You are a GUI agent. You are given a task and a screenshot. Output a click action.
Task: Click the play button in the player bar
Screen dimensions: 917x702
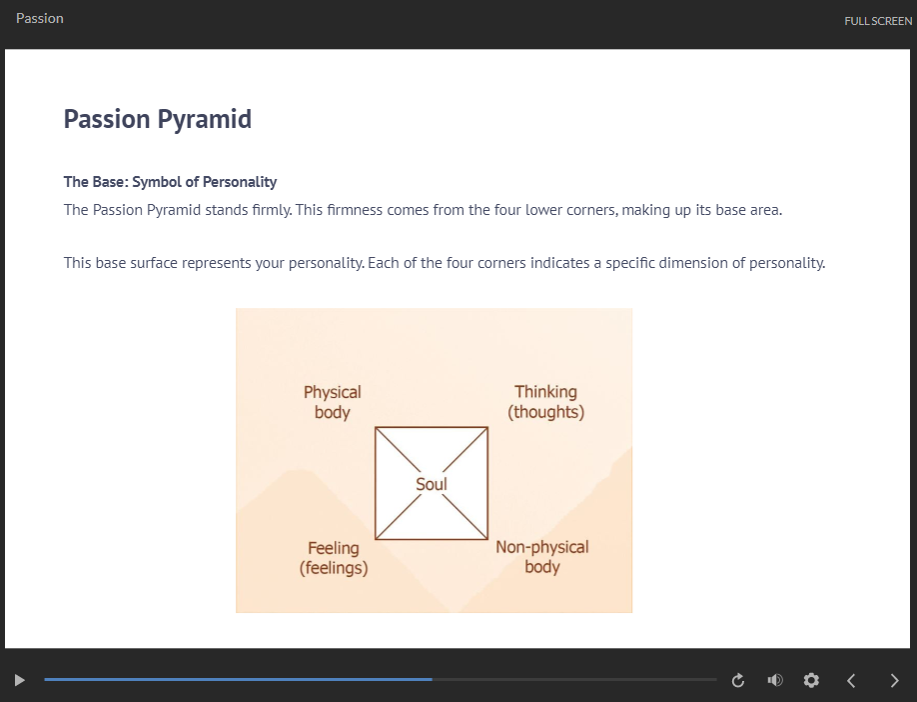click(x=19, y=680)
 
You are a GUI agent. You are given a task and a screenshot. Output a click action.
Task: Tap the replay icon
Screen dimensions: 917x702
click(x=738, y=680)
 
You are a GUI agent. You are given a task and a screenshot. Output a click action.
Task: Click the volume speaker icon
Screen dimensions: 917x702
click(x=775, y=680)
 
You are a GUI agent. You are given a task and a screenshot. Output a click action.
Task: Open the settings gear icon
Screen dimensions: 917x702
click(x=811, y=680)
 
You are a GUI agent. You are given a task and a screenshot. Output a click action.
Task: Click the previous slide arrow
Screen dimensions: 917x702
click(x=851, y=680)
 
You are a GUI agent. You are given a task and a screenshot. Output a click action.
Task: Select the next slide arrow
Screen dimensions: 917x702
click(x=894, y=680)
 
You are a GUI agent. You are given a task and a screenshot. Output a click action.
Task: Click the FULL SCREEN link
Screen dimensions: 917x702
click(x=878, y=21)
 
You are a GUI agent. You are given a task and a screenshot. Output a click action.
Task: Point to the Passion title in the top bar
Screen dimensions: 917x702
click(x=40, y=19)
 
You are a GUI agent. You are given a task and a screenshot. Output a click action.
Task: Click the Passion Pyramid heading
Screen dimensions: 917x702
click(x=157, y=119)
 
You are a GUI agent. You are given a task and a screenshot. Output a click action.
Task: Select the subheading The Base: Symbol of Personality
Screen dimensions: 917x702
click(x=170, y=182)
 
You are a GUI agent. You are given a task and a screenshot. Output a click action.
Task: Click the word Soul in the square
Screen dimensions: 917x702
click(x=432, y=484)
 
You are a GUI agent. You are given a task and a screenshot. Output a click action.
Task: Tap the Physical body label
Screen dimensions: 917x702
click(x=333, y=402)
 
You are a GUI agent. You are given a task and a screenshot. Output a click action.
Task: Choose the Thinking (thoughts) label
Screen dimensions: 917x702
click(x=545, y=402)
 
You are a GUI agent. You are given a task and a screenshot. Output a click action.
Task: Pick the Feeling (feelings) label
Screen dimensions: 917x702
click(x=334, y=558)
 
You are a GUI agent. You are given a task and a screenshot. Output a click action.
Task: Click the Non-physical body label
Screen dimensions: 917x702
click(x=542, y=557)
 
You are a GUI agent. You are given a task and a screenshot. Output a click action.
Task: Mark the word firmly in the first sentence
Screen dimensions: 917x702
click(x=272, y=210)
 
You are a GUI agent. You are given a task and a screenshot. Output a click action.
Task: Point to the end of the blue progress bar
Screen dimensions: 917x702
click(x=433, y=679)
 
